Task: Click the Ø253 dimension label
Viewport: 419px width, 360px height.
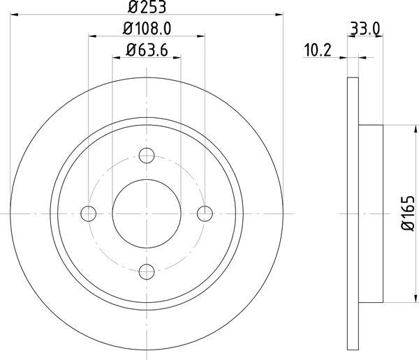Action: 147,7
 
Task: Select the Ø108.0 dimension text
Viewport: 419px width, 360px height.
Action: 147,29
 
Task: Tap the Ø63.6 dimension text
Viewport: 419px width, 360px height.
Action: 147,50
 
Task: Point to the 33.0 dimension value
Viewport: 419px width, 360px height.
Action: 365,29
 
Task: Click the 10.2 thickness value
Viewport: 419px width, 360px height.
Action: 318,50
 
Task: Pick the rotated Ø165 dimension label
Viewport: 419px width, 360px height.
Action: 408,213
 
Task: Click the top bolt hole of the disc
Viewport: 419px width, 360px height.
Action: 147,156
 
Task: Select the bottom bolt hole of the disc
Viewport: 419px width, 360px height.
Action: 147,271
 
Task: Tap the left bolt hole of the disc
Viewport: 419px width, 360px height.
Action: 89,213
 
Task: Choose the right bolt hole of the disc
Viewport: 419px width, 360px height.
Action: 205,213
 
